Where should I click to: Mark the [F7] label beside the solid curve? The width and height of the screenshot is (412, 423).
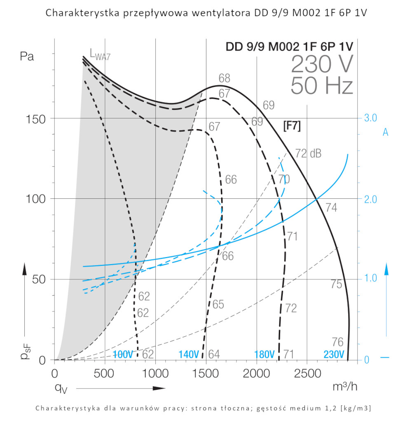pyautogui.click(x=292, y=126)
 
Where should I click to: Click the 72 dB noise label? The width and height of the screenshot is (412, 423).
pyautogui.click(x=309, y=154)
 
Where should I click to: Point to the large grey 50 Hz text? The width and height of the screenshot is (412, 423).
pyautogui.click(x=322, y=86)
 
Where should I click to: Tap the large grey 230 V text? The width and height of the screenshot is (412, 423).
pyautogui.click(x=322, y=64)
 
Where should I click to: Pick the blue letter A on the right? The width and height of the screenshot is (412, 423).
pyautogui.click(x=386, y=132)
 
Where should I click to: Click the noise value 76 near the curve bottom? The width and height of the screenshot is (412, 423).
pyautogui.click(x=337, y=342)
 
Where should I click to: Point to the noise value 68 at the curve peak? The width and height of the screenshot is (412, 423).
pyautogui.click(x=225, y=78)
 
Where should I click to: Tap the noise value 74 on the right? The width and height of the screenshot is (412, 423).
pyautogui.click(x=331, y=208)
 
